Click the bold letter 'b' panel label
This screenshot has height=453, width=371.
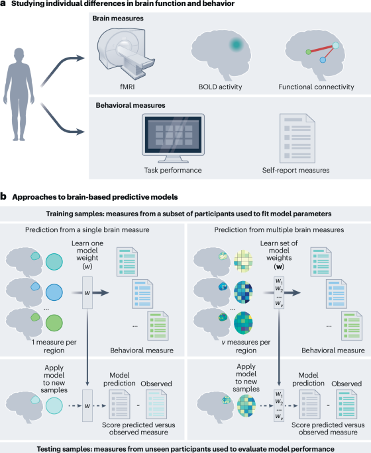click(x=5, y=197)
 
